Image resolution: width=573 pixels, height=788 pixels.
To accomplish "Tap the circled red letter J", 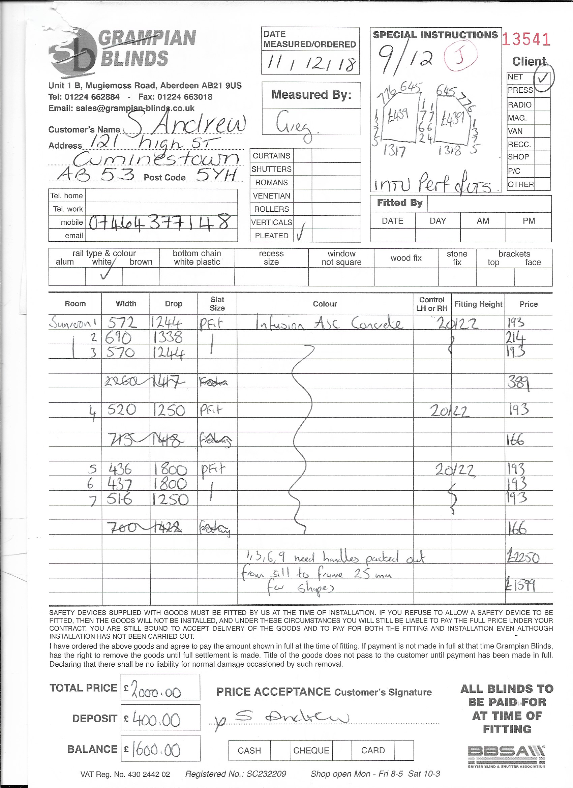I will pos(460,57).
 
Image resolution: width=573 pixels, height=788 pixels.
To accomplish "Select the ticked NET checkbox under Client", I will pos(542,77).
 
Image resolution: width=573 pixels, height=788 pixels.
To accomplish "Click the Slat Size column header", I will pos(217,303).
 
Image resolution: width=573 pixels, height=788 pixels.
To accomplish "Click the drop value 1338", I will pos(168,337).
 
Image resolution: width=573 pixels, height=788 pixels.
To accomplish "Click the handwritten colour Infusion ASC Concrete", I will pos(328,324).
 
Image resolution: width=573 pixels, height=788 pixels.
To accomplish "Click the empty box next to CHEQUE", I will pos(342,751).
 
